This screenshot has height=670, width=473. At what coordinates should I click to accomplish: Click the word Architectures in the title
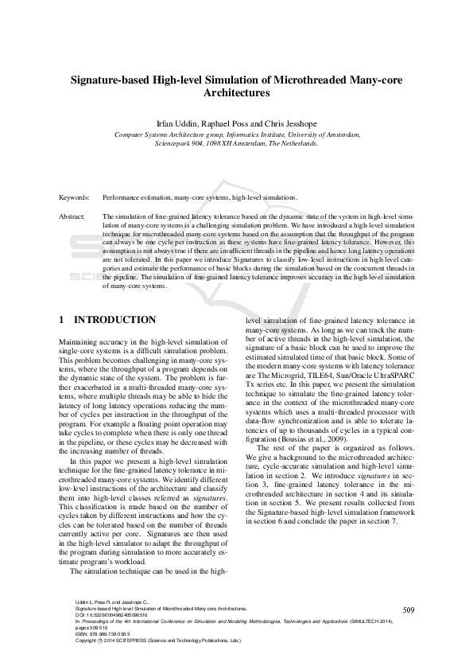[236, 93]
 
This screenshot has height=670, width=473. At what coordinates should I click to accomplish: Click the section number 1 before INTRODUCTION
[62, 320]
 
